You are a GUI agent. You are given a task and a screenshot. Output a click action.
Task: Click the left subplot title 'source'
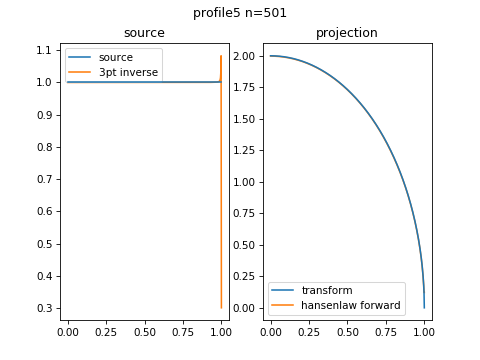(x=144, y=33)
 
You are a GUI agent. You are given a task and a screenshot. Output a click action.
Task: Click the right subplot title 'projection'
(x=347, y=33)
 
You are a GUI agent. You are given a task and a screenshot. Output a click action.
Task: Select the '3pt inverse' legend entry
(x=128, y=72)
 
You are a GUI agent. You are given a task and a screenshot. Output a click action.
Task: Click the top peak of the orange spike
(x=221, y=56)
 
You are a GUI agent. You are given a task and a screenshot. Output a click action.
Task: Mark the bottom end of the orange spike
(x=221, y=307)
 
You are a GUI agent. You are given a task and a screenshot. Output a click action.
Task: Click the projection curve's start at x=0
(x=270, y=56)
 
